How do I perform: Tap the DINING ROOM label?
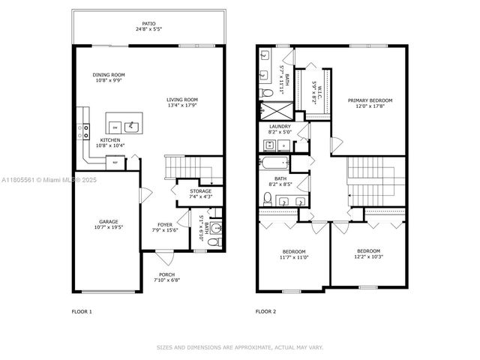click(109, 74)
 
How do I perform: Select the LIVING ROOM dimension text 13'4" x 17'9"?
click(181, 106)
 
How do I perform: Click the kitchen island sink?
click(132, 124)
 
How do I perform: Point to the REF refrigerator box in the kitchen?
click(115, 162)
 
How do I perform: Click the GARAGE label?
click(109, 221)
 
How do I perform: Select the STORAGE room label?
click(200, 191)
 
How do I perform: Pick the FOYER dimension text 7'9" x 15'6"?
click(165, 230)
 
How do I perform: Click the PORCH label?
click(167, 274)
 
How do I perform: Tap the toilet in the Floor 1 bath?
click(212, 242)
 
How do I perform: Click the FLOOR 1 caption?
click(82, 310)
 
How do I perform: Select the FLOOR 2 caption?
click(266, 310)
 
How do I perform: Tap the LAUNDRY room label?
click(280, 127)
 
